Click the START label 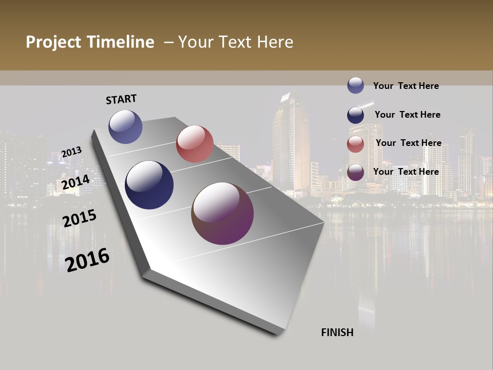[x=121, y=99]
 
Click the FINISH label [x=337, y=332]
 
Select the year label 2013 [x=71, y=152]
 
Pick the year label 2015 [x=80, y=218]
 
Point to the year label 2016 [x=87, y=260]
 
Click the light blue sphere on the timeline [x=125, y=126]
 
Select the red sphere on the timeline [x=195, y=144]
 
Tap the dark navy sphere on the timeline [x=149, y=185]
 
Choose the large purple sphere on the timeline [x=222, y=213]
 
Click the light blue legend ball [x=355, y=85]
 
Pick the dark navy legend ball [x=355, y=115]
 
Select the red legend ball [x=355, y=144]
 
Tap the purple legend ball [x=355, y=172]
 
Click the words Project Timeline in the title [x=90, y=42]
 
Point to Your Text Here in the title [x=235, y=42]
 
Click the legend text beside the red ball [x=408, y=143]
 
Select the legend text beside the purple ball [x=406, y=172]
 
